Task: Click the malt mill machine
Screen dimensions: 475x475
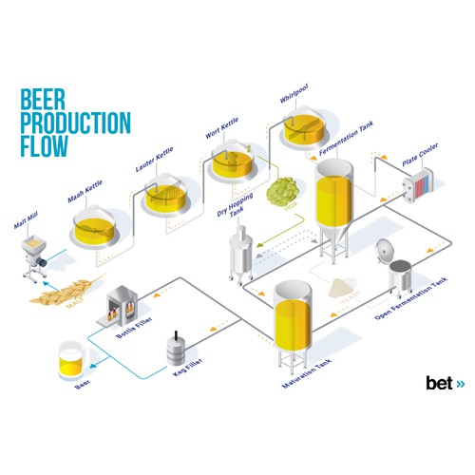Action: tap(37, 259)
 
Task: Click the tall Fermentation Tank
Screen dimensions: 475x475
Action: tap(332, 209)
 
